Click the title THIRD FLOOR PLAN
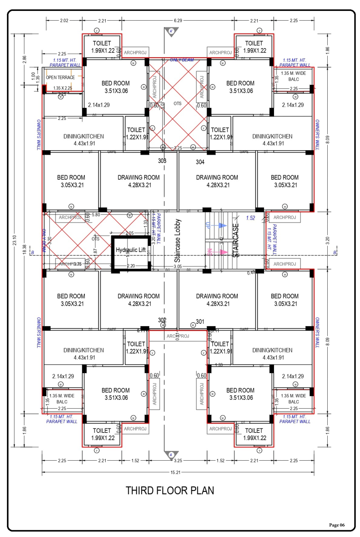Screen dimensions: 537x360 (x=170, y=491)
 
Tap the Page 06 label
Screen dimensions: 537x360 (x=337, y=525)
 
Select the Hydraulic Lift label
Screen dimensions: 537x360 (x=130, y=250)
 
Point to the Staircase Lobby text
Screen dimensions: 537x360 (x=178, y=241)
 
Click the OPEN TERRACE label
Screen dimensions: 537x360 (x=60, y=78)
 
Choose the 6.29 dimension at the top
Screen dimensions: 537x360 (x=178, y=21)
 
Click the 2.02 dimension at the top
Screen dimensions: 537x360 (x=64, y=21)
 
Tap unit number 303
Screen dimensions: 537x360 (x=162, y=161)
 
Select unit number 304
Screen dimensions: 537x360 (x=200, y=162)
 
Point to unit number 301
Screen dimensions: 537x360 (x=200, y=322)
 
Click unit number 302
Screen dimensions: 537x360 (x=162, y=320)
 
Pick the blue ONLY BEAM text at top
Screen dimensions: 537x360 (x=182, y=60)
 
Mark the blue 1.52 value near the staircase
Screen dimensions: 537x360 (x=251, y=218)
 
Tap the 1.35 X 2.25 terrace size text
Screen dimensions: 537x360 (x=62, y=88)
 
